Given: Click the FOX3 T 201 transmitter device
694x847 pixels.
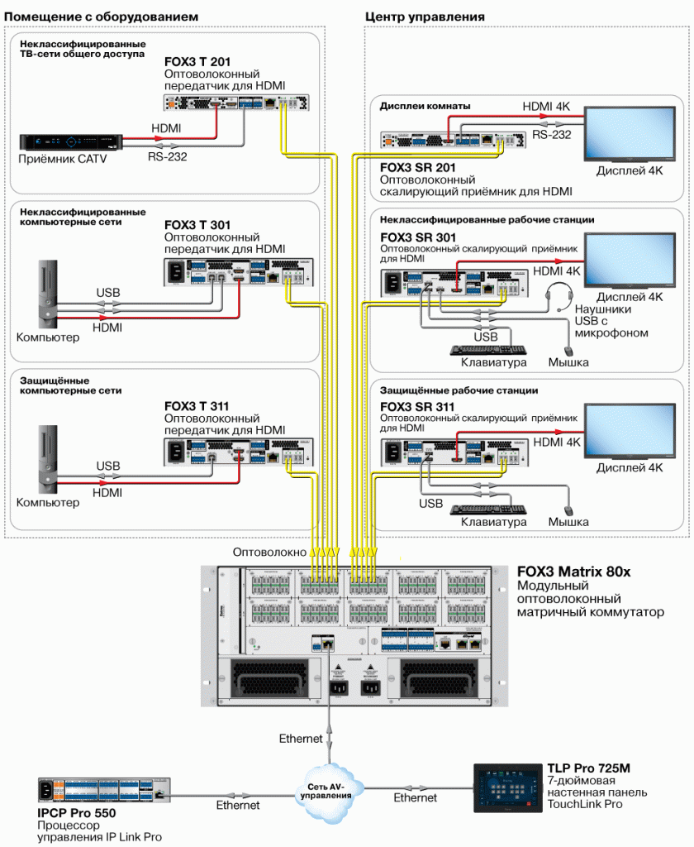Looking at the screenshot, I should (236, 103).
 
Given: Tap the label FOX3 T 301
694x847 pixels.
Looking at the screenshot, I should (197, 225).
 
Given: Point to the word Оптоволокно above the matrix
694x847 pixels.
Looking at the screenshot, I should (270, 552).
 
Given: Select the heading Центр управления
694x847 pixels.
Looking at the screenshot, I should (425, 17).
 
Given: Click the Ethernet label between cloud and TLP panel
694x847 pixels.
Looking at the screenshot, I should (415, 797).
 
